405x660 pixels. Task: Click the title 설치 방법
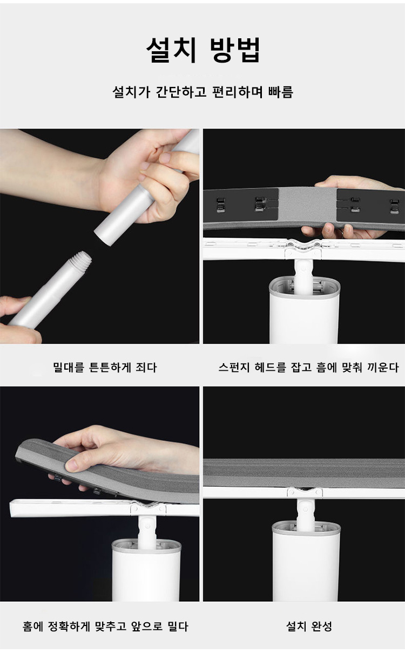point(203,50)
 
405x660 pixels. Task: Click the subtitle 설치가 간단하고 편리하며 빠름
point(203,92)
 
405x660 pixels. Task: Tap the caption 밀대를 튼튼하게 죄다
point(105,368)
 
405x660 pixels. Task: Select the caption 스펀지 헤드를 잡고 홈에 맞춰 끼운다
point(308,368)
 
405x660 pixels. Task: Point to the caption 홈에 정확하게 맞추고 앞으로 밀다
point(105,627)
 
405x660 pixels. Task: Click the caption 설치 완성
point(309,627)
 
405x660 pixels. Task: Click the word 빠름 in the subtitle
point(281,92)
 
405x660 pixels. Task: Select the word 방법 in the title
point(235,50)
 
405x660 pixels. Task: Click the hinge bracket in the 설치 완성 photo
point(305,492)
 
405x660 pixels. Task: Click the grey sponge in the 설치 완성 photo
point(304,473)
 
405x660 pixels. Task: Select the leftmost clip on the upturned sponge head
point(220,205)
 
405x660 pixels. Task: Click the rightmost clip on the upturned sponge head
point(395,206)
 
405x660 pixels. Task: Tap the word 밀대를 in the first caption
point(69,368)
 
